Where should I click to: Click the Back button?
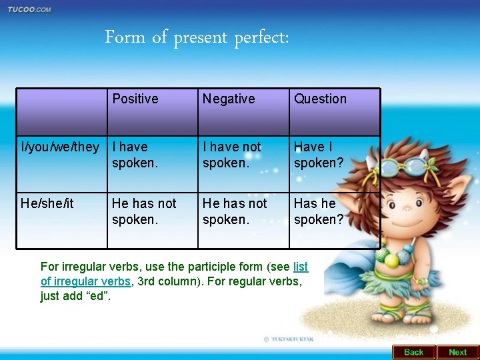[413, 352]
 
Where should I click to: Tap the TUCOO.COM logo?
[29, 9]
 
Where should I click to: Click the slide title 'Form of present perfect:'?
[197, 37]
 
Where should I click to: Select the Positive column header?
[135, 99]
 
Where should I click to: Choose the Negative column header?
[229, 99]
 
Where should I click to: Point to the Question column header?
[320, 99]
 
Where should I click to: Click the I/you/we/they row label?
[61, 147]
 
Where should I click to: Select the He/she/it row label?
[47, 203]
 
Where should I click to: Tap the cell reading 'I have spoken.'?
[135, 155]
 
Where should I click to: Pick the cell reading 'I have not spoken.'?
[232, 155]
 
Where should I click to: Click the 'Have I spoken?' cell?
[319, 155]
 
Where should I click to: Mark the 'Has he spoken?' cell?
[319, 211]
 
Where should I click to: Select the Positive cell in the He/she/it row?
[144, 211]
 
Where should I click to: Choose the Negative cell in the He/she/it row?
[235, 211]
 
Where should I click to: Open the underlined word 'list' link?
[301, 267]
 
